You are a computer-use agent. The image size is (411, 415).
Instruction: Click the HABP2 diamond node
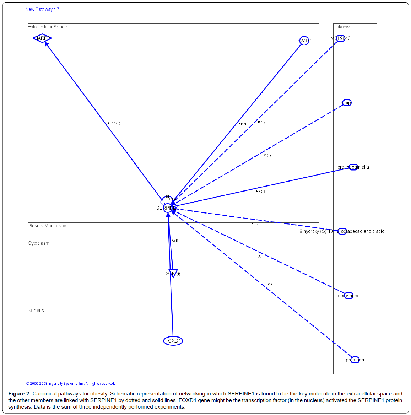click(42, 38)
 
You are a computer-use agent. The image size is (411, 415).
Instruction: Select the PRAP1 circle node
click(304, 41)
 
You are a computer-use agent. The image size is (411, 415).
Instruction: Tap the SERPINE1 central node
click(168, 208)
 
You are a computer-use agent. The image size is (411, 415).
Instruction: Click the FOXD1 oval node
click(173, 341)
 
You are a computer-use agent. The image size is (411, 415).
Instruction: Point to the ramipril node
click(347, 103)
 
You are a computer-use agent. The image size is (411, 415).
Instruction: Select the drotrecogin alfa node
click(353, 167)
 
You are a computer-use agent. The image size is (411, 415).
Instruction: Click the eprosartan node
click(348, 296)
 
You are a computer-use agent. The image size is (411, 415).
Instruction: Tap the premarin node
click(355, 360)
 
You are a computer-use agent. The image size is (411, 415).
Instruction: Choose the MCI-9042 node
click(340, 38)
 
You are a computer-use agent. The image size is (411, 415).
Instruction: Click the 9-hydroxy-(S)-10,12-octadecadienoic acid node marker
click(342, 231)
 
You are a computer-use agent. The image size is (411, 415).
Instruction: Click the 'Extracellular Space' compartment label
click(47, 27)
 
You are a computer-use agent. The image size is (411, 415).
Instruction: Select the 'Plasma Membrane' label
click(47, 226)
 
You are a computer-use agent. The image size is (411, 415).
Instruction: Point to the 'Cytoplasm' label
click(38, 243)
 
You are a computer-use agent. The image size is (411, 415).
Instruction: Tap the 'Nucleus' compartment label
click(36, 311)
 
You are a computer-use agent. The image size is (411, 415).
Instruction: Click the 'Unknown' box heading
click(342, 27)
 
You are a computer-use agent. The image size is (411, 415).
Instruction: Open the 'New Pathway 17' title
click(42, 9)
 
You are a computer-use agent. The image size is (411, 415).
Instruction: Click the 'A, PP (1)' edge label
click(114, 123)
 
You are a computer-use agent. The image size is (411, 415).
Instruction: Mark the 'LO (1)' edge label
click(266, 155)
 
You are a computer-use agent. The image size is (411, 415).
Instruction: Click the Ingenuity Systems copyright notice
click(70, 383)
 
